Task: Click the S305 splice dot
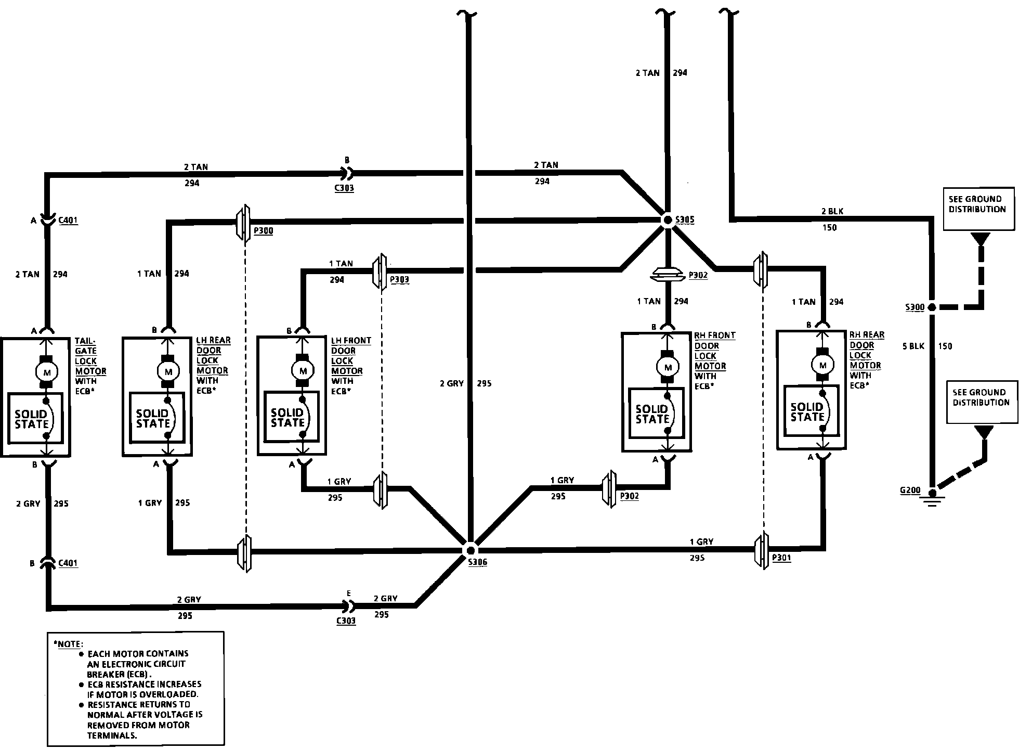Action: coord(668,220)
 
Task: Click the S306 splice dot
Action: coord(470,550)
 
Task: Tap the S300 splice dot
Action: coord(932,307)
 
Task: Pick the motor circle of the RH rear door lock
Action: coord(822,365)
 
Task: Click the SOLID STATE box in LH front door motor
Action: coord(289,418)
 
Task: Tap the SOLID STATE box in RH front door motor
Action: coord(652,414)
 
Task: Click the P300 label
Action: coord(264,230)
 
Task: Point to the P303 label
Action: coord(399,279)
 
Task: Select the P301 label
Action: coord(781,558)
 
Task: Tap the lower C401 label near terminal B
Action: coord(68,562)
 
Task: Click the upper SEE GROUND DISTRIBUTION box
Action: coord(978,208)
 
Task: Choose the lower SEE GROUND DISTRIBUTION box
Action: coord(981,402)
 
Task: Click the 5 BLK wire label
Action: coord(913,346)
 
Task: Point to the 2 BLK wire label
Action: coord(832,211)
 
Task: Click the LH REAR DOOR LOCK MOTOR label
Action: coord(212,355)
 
